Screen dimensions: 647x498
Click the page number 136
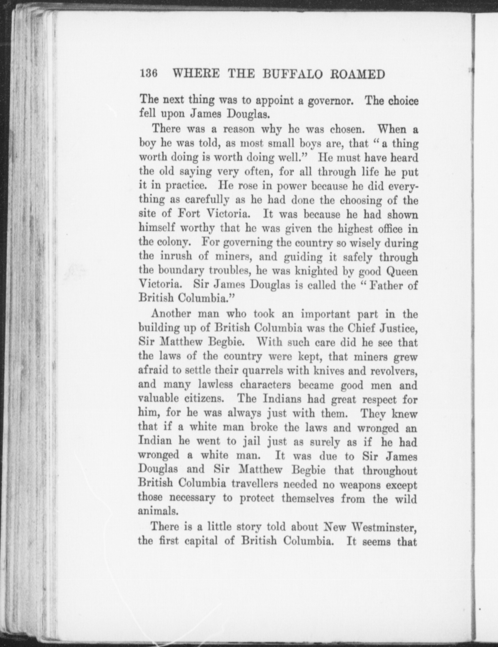tap(148, 74)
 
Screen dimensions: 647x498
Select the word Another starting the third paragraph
tap(170, 313)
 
